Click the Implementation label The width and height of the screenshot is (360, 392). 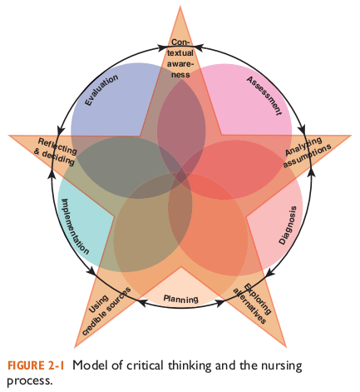click(x=75, y=225)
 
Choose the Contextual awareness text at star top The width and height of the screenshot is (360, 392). click(x=180, y=57)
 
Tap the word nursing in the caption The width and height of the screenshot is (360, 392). click(x=279, y=365)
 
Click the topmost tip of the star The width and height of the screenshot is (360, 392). click(x=180, y=7)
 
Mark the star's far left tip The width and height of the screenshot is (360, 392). click(x=9, y=136)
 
